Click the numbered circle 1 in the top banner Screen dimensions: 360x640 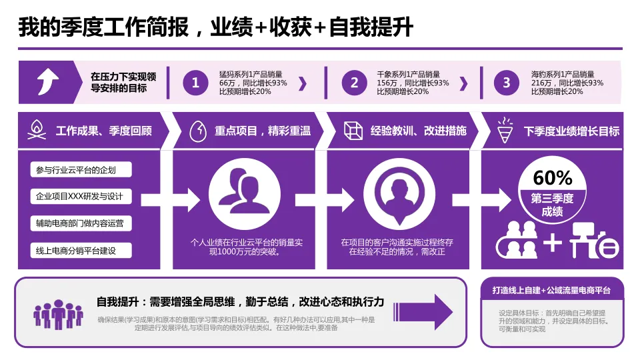coord(195,83)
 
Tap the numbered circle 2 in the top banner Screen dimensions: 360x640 coord(354,83)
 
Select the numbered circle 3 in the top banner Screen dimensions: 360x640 coord(506,83)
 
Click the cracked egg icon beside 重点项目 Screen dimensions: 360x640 coord(197,130)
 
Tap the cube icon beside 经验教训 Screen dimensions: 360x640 coord(353,130)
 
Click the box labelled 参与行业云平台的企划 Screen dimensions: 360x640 coord(81,170)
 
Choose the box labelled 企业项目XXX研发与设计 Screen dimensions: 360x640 coord(81,197)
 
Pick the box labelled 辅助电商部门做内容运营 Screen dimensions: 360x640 coord(81,223)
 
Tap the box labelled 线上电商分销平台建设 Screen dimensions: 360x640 coord(81,251)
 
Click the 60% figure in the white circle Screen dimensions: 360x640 coord(553,179)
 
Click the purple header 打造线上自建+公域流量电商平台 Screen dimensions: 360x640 coord(552,291)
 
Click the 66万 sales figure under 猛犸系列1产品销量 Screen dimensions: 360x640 coord(229,83)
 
